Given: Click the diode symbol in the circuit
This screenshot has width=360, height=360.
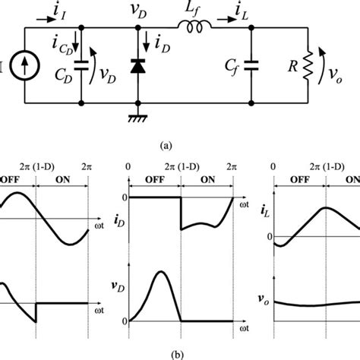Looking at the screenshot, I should [x=137, y=66].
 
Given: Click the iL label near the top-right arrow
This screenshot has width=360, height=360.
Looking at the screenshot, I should [x=228, y=12].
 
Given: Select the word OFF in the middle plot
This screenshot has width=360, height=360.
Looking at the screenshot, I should [x=153, y=181].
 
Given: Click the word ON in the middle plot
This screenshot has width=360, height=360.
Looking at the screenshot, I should [x=207, y=181].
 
